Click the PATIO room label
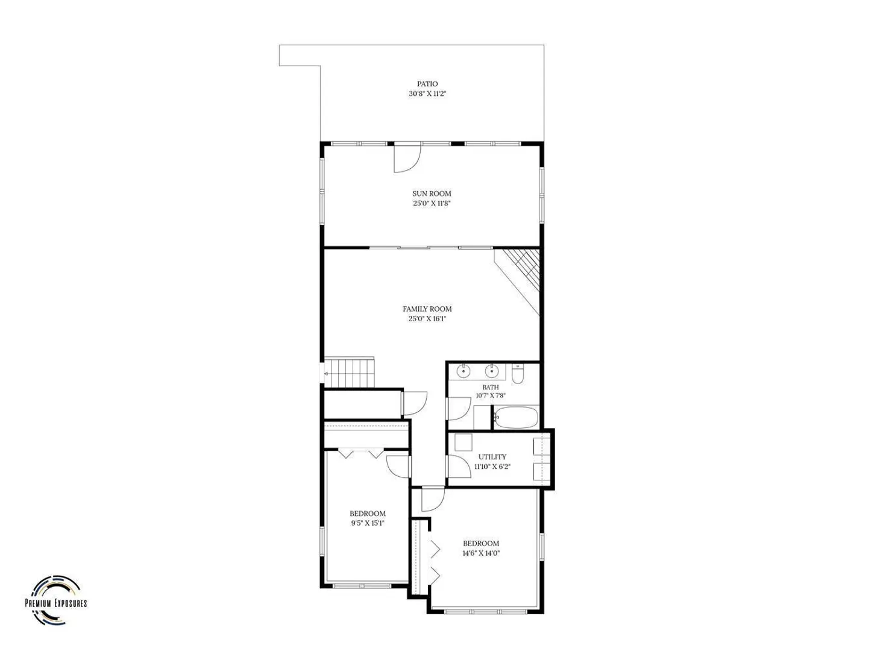tap(427, 84)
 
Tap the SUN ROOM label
tap(432, 193)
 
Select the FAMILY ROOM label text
tap(427, 309)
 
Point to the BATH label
tap(491, 387)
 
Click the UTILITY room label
tap(492, 457)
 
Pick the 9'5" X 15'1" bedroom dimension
tap(368, 523)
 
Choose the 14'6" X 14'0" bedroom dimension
tap(481, 553)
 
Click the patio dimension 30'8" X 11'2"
tap(427, 94)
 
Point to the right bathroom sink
tap(492, 371)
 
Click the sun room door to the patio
tap(407, 157)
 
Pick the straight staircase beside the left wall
tap(350, 373)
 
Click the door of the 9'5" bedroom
tap(398, 467)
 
